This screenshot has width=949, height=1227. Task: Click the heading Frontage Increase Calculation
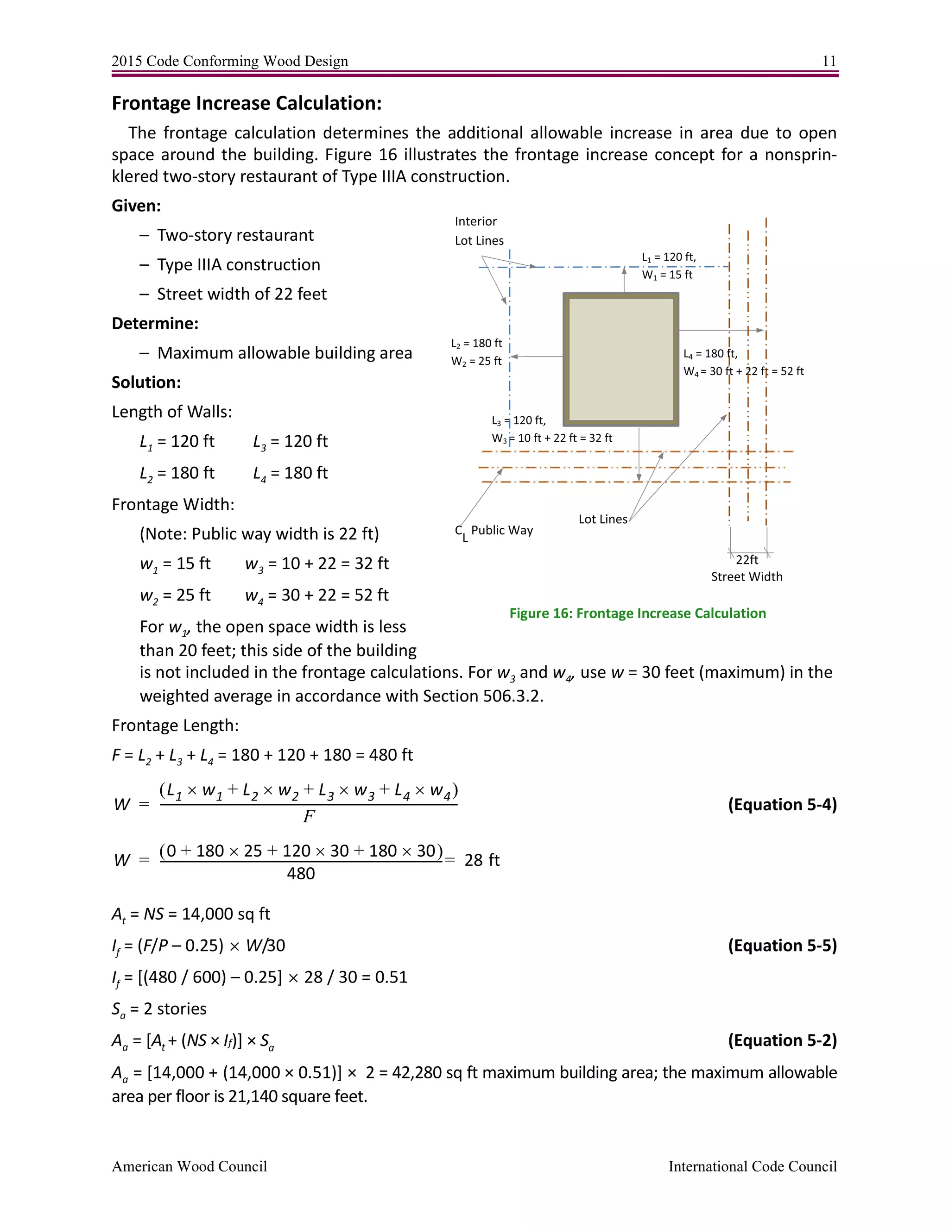coord(247,103)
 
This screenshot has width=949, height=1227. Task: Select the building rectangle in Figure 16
coord(620,360)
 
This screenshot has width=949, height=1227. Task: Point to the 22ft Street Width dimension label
coord(747,568)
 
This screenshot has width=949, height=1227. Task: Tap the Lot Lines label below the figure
coord(603,519)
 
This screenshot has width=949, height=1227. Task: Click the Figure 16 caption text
coord(638,613)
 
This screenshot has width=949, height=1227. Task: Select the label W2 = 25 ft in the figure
coord(476,361)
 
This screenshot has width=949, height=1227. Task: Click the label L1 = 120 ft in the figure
coord(669,257)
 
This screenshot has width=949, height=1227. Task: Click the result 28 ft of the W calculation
coord(482,860)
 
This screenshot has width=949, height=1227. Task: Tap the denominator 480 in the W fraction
coord(301,874)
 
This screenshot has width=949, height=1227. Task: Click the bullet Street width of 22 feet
coord(242,294)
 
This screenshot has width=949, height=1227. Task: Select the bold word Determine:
coord(155,324)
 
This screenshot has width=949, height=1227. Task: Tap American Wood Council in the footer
coord(190,1166)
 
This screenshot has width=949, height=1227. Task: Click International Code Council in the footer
coord(752,1166)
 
